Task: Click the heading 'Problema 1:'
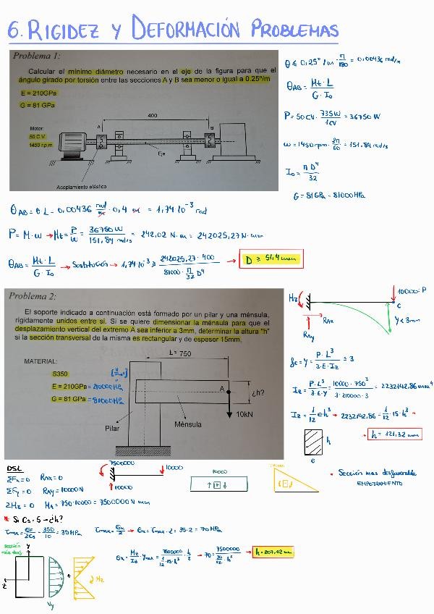(36, 56)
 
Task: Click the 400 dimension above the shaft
(152, 115)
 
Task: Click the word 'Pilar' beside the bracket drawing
(111, 428)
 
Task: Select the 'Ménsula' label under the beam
(188, 424)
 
